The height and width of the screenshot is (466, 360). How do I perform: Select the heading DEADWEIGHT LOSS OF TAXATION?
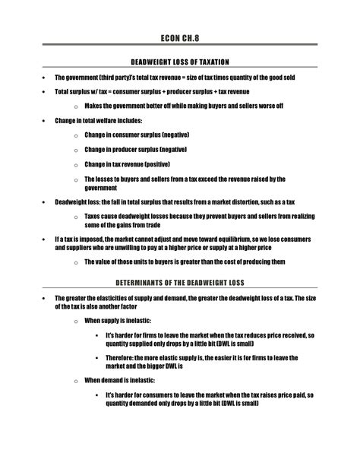[x=179, y=62]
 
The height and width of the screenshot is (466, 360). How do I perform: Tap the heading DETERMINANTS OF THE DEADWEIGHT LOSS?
[x=179, y=282]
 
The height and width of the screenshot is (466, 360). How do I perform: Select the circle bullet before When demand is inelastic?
[x=75, y=380]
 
